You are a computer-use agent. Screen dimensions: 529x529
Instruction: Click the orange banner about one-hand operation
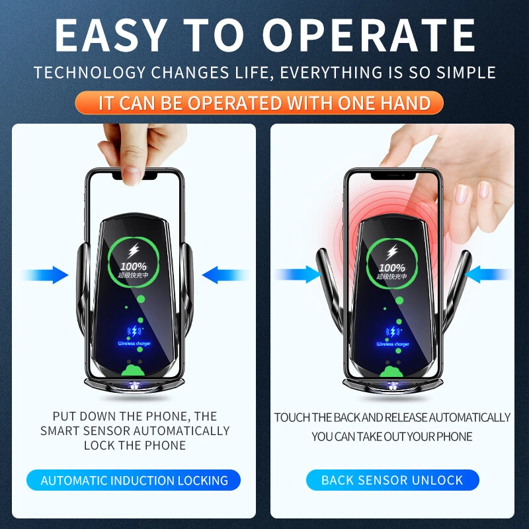(264, 103)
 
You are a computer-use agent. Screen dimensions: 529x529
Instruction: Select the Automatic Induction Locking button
(134, 481)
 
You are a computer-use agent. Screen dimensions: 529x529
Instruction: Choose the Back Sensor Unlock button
(392, 481)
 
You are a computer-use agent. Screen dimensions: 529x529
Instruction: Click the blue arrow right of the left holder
(224, 274)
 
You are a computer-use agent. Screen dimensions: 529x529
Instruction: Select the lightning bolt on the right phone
(392, 251)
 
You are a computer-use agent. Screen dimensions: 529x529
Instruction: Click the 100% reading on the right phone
(392, 268)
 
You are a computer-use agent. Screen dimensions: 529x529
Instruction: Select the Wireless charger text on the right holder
(392, 344)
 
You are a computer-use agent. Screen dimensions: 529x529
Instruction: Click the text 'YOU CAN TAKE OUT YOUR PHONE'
(392, 437)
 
